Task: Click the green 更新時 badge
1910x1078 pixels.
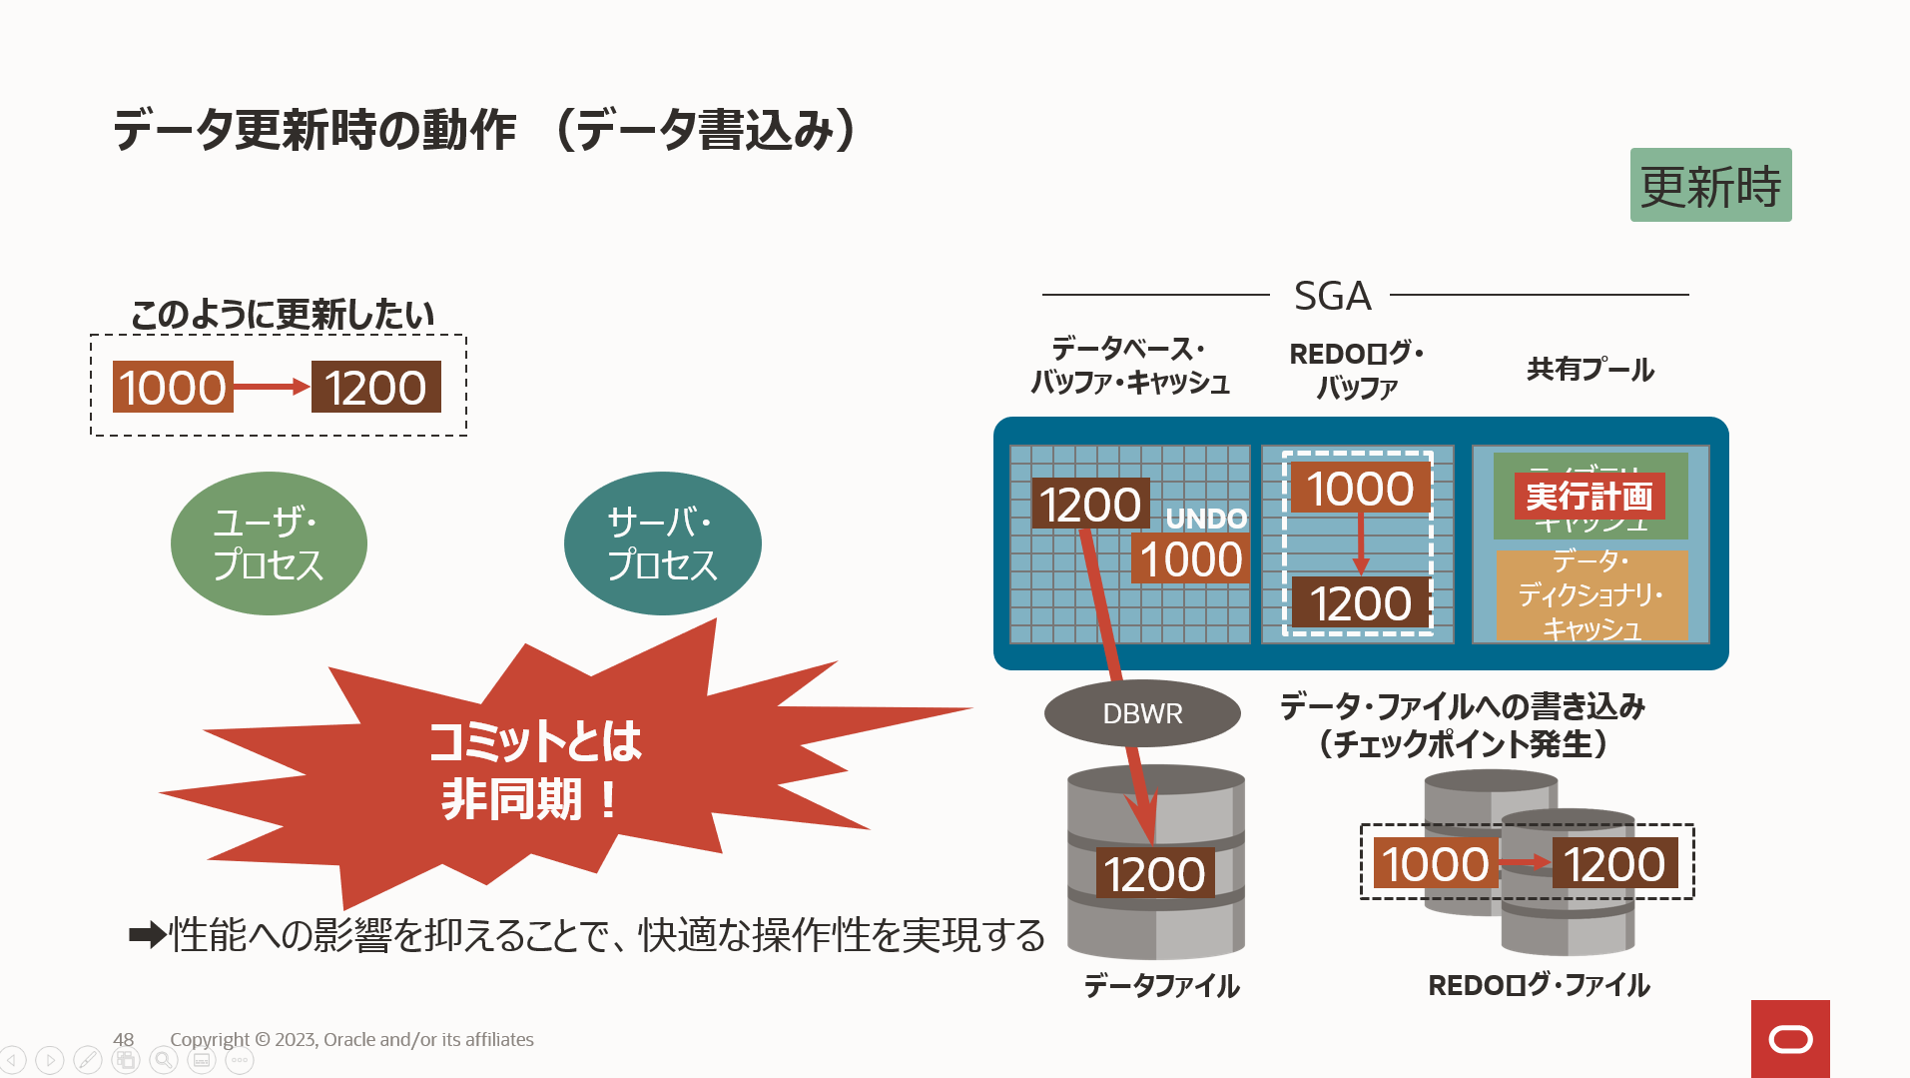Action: pyautogui.click(x=1710, y=186)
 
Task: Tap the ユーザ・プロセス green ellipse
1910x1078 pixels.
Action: pyautogui.click(x=269, y=543)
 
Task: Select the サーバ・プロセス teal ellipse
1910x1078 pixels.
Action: pyautogui.click(x=662, y=543)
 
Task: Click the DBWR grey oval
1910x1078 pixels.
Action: pyautogui.click(x=1142, y=713)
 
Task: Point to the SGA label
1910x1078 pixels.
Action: pyautogui.click(x=1332, y=296)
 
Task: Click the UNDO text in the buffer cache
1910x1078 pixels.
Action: pyautogui.click(x=1206, y=519)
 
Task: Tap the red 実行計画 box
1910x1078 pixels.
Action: pyautogui.click(x=1589, y=496)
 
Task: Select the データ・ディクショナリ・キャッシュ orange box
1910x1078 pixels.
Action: pyautogui.click(x=1592, y=595)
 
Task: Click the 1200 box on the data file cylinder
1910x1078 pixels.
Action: pyautogui.click(x=1155, y=874)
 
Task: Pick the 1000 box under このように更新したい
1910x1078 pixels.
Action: pyautogui.click(x=173, y=388)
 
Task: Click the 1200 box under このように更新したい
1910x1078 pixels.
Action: pyautogui.click(x=375, y=388)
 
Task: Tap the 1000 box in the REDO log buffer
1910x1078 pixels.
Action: pyautogui.click(x=1360, y=489)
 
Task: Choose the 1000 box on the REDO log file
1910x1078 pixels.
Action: pyautogui.click(x=1435, y=864)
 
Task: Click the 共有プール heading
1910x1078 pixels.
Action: pyautogui.click(x=1590, y=370)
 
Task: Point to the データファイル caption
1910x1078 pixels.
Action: pyautogui.click(x=1161, y=986)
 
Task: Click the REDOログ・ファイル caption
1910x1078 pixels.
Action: pyautogui.click(x=1539, y=986)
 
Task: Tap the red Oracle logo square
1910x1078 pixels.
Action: pyautogui.click(x=1790, y=1039)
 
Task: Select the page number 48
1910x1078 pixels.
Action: pyautogui.click(x=123, y=1039)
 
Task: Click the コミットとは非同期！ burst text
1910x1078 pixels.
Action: pyautogui.click(x=534, y=769)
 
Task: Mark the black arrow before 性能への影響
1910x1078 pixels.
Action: pyautogui.click(x=147, y=936)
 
